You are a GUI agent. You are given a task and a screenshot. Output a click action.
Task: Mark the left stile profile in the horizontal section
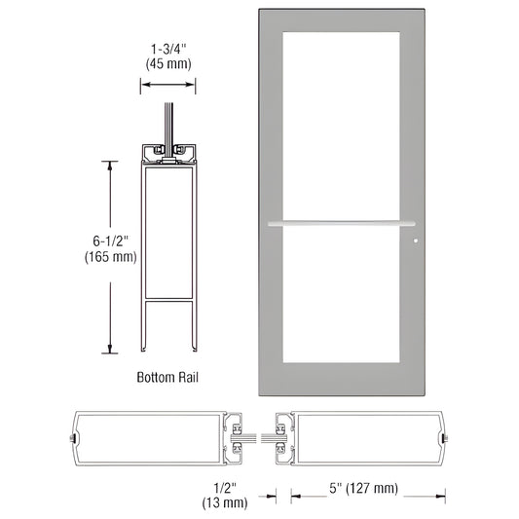[156, 436]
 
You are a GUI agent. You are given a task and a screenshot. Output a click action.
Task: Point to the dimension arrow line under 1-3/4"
[169, 85]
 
